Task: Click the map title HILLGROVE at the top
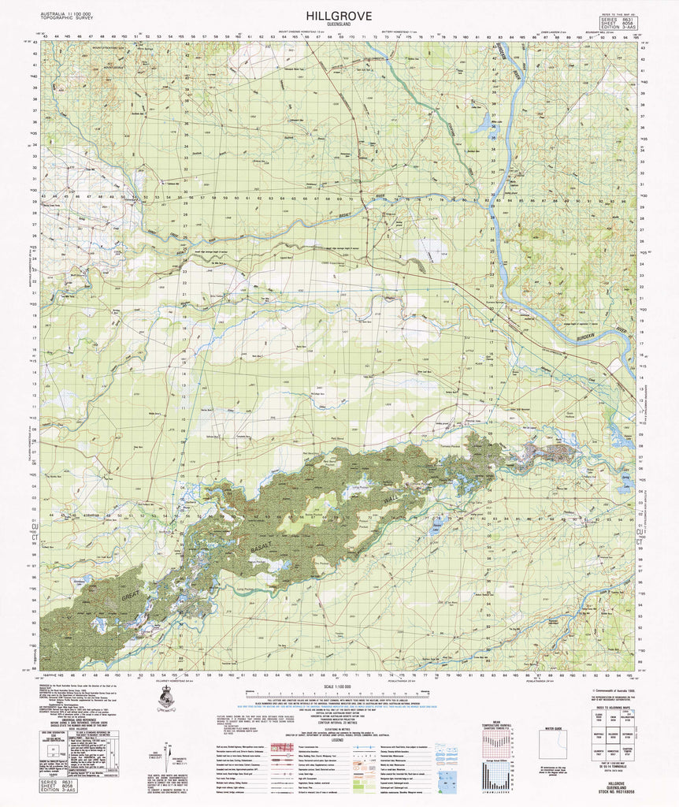339,14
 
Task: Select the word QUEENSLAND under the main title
339,24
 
